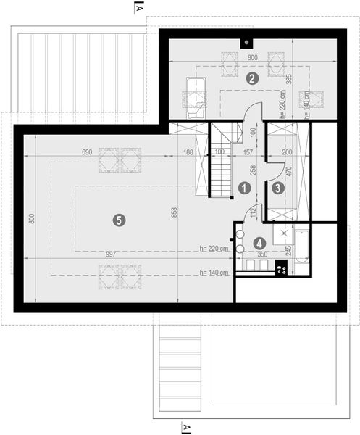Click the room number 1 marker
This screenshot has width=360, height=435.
tap(245, 187)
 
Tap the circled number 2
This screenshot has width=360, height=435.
tap(252, 78)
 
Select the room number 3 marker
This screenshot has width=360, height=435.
tap(278, 187)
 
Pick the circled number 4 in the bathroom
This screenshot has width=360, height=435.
tap(259, 244)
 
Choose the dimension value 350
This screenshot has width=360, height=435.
tap(262, 255)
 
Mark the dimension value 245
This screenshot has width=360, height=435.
tap(288, 249)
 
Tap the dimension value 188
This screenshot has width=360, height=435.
tap(188, 152)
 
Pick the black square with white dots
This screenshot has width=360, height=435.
tap(282, 268)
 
